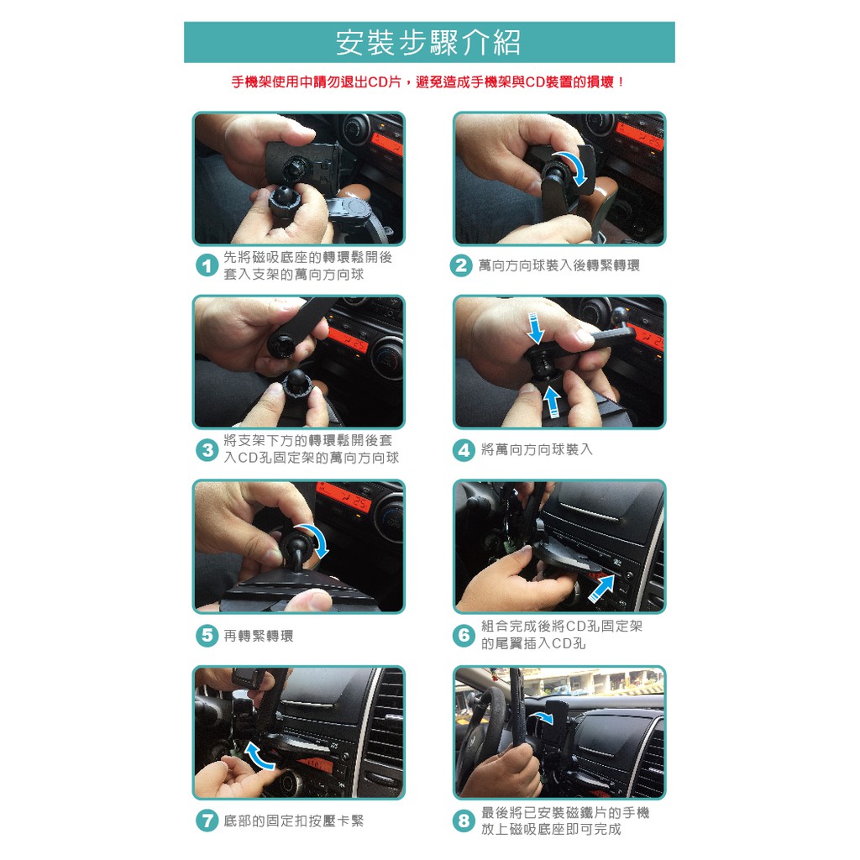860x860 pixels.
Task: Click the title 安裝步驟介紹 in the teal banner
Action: coord(428,43)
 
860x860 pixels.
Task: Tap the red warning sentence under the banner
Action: coord(428,82)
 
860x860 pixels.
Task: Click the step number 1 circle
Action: coord(207,266)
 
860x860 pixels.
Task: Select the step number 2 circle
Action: coord(461,265)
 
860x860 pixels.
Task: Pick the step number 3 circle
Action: coord(207,450)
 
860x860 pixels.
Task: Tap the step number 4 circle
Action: coord(464,450)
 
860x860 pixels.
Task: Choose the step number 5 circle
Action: coord(207,635)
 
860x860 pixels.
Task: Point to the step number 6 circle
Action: coord(464,635)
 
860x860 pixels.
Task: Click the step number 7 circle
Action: coord(207,821)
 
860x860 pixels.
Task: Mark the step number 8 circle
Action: coord(464,821)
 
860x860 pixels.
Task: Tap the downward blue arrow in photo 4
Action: coord(535,328)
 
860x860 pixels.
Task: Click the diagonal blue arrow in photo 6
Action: coord(601,588)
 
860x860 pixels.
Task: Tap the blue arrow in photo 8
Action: coord(542,716)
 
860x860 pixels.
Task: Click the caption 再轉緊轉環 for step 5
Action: coord(259,636)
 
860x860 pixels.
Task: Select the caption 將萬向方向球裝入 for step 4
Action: coord(537,450)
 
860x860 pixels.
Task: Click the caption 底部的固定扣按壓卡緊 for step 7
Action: coord(293,821)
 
